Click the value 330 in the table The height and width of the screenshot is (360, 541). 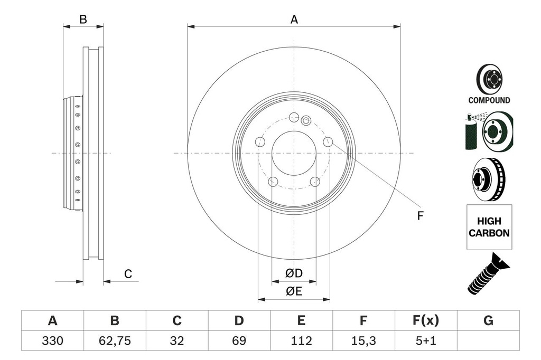(x=52, y=341)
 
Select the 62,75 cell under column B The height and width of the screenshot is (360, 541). (x=115, y=341)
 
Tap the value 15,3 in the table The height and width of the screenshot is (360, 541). (x=363, y=341)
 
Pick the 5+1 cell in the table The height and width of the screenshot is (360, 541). (x=425, y=341)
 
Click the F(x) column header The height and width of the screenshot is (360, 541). (x=425, y=320)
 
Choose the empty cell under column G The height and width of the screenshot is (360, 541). (x=488, y=341)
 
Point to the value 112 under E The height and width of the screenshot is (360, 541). (x=301, y=341)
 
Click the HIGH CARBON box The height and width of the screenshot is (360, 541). (x=489, y=227)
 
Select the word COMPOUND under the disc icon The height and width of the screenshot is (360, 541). (x=489, y=100)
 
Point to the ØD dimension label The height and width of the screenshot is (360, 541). (x=294, y=273)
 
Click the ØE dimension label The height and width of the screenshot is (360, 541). (x=294, y=292)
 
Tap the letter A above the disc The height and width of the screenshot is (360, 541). (x=294, y=20)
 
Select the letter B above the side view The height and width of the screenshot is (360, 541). (x=83, y=20)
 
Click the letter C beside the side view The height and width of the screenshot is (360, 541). (x=128, y=274)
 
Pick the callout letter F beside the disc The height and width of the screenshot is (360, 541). (x=421, y=216)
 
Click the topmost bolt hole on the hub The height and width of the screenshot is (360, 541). (x=294, y=117)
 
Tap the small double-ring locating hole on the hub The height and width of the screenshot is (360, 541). (x=305, y=121)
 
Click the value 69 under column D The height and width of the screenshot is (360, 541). (x=239, y=341)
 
